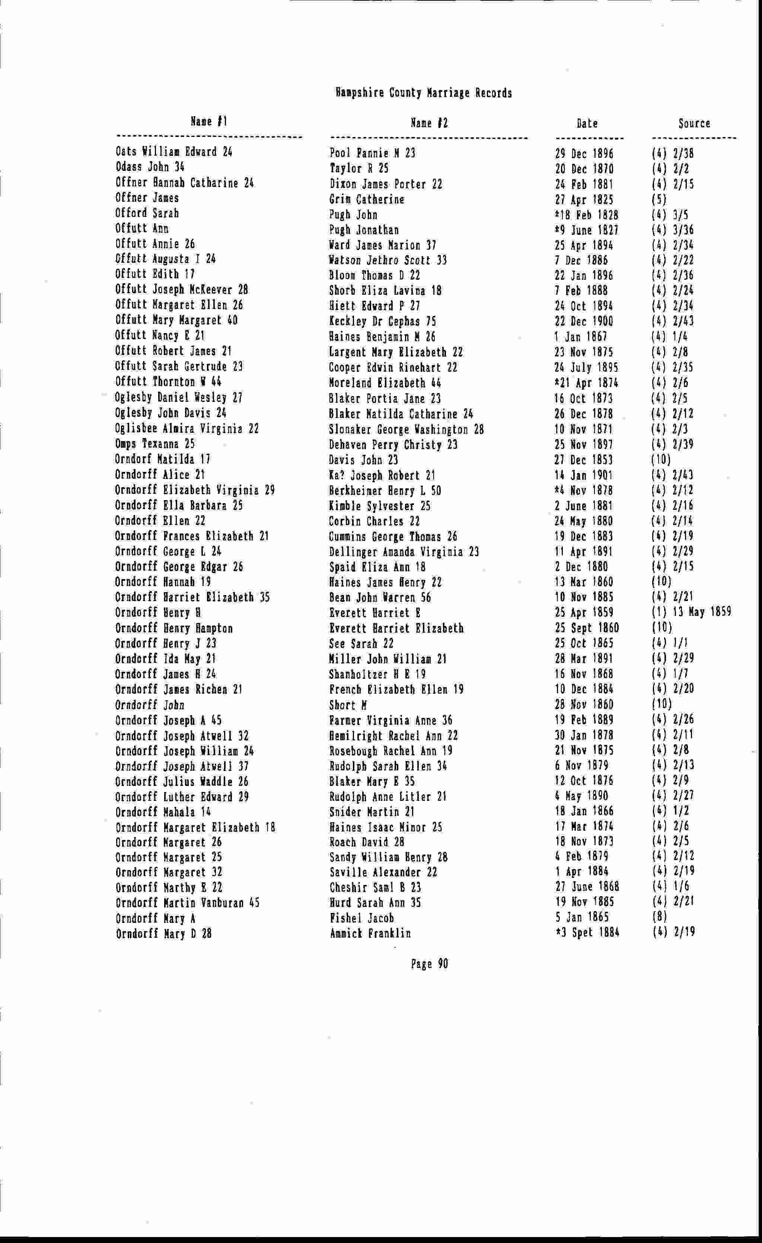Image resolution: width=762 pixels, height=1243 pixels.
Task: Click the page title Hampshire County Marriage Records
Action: (x=423, y=93)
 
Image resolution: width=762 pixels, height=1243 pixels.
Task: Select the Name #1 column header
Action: (x=209, y=122)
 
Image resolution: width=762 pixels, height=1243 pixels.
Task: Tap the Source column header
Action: (x=694, y=123)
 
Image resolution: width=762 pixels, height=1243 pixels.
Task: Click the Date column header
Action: (x=587, y=124)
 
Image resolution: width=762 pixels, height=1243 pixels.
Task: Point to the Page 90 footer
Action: (x=429, y=964)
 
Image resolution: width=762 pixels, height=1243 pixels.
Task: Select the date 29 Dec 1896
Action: (x=584, y=153)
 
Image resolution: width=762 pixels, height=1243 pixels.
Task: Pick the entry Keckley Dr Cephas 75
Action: (x=382, y=321)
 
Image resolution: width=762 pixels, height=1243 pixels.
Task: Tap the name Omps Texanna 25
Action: (x=154, y=444)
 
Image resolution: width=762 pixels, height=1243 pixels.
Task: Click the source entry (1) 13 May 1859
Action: (x=691, y=613)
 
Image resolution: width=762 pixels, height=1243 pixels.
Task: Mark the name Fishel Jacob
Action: (x=361, y=918)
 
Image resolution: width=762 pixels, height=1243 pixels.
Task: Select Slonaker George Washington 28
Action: (x=406, y=430)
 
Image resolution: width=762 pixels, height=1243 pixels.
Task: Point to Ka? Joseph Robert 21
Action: (x=382, y=475)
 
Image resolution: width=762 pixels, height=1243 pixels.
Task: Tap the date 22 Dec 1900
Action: (x=584, y=321)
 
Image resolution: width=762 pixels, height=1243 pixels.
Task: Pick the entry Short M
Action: (x=348, y=705)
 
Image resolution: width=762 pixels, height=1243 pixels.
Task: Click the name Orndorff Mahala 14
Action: (x=163, y=812)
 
